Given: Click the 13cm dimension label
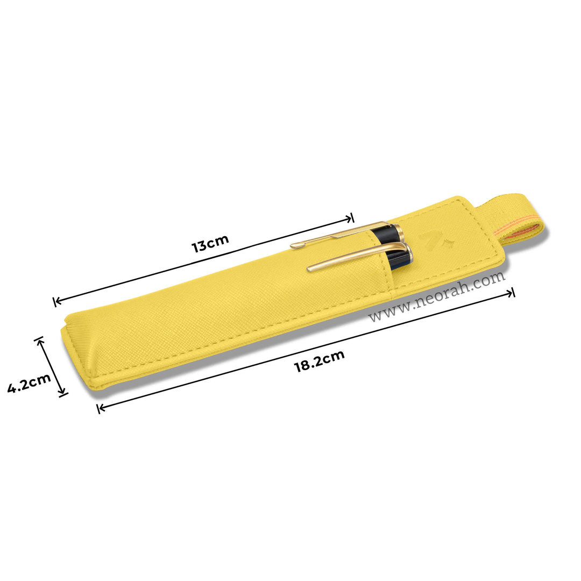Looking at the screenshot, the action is pyautogui.click(x=210, y=243).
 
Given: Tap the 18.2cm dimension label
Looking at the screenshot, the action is pyautogui.click(x=319, y=361).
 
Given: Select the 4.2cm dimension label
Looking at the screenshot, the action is pyautogui.click(x=29, y=382).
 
